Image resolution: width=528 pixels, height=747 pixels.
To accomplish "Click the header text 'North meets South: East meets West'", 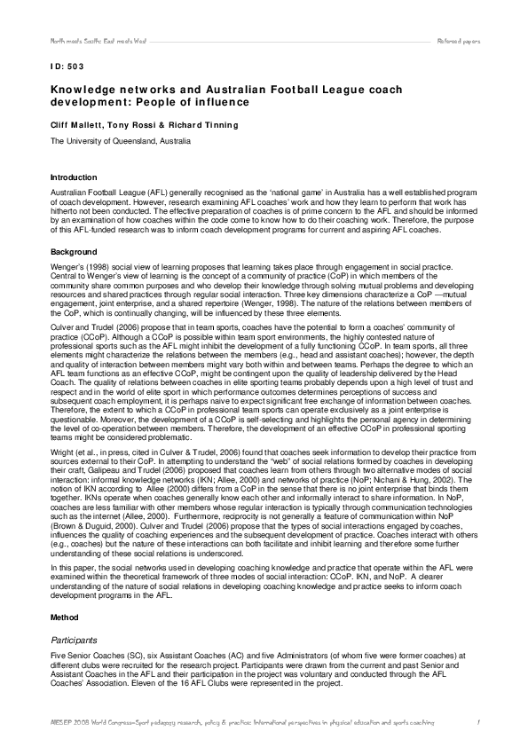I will pos(85,42).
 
